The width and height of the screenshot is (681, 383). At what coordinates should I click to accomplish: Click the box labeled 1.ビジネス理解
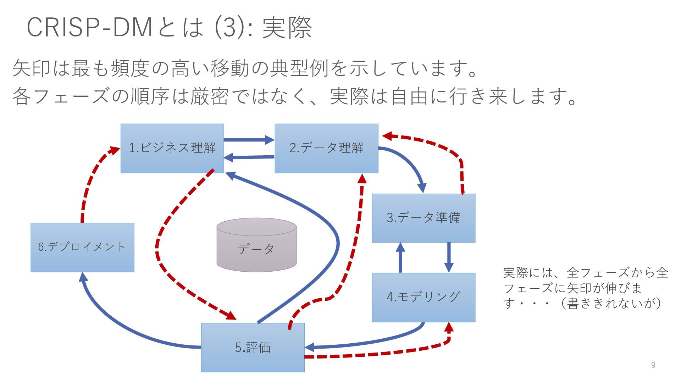coord(172,148)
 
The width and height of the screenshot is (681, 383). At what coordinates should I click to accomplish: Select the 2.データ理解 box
coord(326,148)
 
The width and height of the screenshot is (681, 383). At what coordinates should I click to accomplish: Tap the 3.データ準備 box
coord(423,218)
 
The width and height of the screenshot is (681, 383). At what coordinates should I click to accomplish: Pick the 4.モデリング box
coord(423,297)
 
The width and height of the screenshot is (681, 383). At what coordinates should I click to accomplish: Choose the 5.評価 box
coord(253,347)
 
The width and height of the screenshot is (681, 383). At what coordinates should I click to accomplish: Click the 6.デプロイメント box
coord(82,247)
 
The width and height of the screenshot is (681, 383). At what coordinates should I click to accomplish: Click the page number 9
coord(653,365)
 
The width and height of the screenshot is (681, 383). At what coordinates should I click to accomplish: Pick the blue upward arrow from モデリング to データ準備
coord(400,257)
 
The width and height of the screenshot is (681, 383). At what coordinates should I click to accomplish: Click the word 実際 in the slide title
coord(287,28)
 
